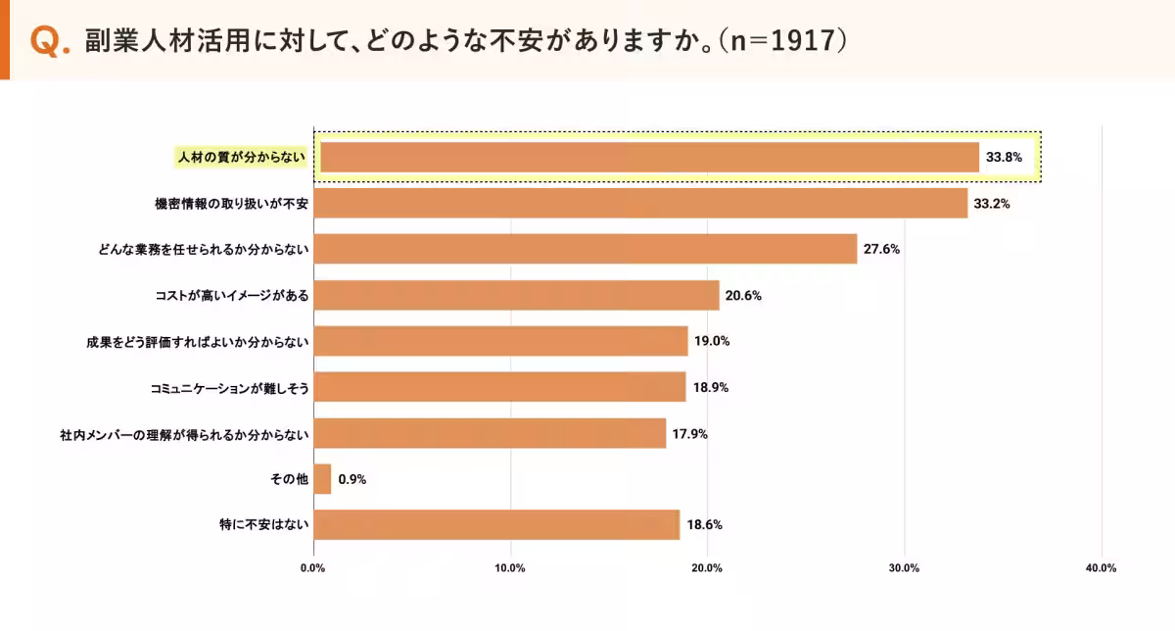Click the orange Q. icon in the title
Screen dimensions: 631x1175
(x=50, y=41)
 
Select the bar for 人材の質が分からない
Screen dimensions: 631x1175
(x=649, y=158)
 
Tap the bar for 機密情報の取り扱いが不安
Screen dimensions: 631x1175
(x=640, y=204)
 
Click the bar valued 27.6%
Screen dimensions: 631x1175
(x=586, y=249)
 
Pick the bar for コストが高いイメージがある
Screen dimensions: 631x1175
(x=516, y=295)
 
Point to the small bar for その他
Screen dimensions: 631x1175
(x=322, y=479)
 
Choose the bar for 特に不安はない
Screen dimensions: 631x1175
(x=496, y=524)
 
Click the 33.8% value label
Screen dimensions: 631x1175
(x=1004, y=158)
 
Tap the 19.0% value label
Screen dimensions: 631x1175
(x=713, y=341)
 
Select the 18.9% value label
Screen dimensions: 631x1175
(x=711, y=387)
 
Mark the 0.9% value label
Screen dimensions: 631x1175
(x=352, y=479)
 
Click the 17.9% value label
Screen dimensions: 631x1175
(x=690, y=433)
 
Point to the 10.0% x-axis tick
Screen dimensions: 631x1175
(x=510, y=568)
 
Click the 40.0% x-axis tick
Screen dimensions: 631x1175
(x=1102, y=568)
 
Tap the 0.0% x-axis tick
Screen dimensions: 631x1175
(x=313, y=568)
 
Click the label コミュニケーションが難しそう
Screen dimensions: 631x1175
(x=229, y=387)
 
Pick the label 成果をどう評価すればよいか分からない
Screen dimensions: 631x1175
(x=198, y=341)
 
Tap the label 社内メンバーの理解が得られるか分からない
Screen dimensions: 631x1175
(x=185, y=433)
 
